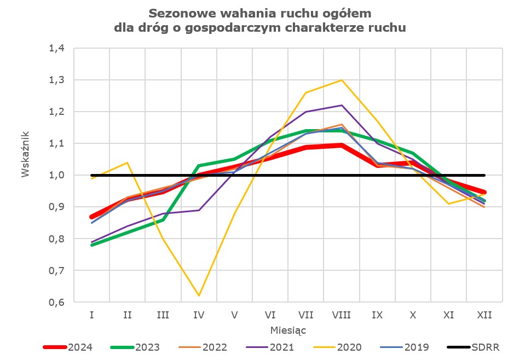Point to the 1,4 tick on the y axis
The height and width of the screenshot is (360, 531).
click(x=56, y=48)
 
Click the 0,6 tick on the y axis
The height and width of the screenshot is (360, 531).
click(x=56, y=303)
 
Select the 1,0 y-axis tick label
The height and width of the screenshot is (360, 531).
click(x=56, y=176)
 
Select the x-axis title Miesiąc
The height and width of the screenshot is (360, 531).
click(x=288, y=330)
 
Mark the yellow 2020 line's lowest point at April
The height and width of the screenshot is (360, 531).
click(x=199, y=296)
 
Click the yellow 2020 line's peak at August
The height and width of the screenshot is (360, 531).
click(x=342, y=80)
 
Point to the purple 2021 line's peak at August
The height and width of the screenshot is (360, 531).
click(x=342, y=105)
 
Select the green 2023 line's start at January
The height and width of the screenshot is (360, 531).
click(x=92, y=245)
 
